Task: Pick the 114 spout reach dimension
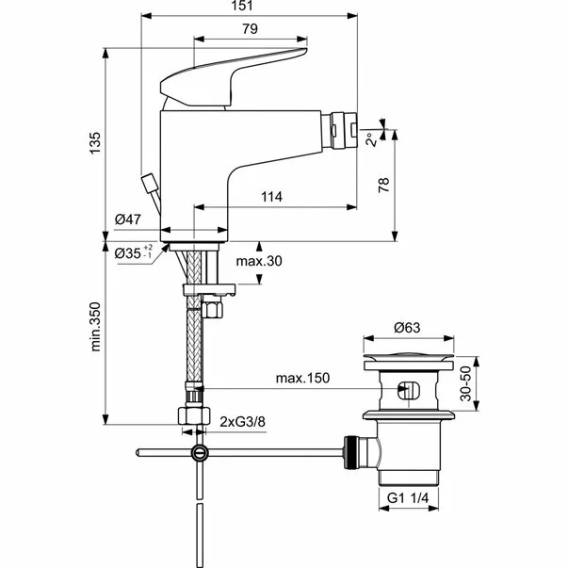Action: tap(271, 197)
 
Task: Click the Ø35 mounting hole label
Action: tap(133, 252)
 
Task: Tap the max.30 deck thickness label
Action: tap(258, 261)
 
